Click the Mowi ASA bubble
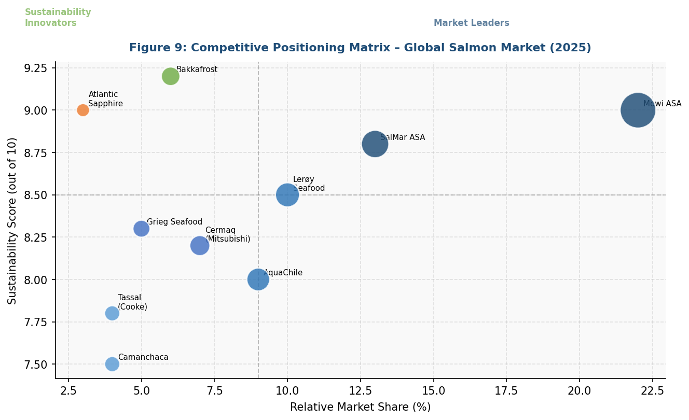[x=638, y=110]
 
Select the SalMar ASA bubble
[x=375, y=144]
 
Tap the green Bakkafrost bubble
[x=170, y=76]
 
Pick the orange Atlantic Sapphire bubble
[x=83, y=110]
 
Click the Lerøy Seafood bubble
[x=287, y=195]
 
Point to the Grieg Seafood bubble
[x=141, y=229]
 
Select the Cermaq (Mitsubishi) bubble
[x=200, y=245]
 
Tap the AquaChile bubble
[x=258, y=279]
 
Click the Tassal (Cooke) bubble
[x=112, y=313]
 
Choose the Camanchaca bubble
[x=112, y=364]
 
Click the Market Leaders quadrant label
[x=471, y=23]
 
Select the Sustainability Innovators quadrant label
[x=58, y=18]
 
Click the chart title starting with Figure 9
[x=360, y=48]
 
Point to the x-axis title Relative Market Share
[x=360, y=408]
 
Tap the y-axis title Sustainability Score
[x=12, y=220]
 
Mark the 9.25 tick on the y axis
[x=36, y=68]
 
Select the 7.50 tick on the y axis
[x=36, y=365]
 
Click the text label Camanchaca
[x=143, y=358]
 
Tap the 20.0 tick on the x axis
[x=579, y=389]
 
